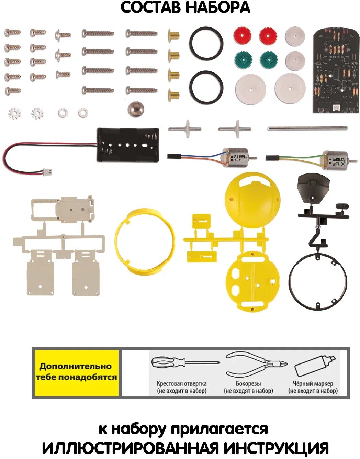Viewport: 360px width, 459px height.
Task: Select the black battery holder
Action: click(x=128, y=145)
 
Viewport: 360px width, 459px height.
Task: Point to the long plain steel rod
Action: click(x=307, y=128)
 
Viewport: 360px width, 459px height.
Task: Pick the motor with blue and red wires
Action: click(x=235, y=158)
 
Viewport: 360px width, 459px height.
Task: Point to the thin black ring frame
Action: click(x=318, y=282)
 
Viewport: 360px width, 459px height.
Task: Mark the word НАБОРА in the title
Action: click(x=218, y=8)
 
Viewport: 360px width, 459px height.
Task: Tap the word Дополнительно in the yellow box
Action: click(x=76, y=366)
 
